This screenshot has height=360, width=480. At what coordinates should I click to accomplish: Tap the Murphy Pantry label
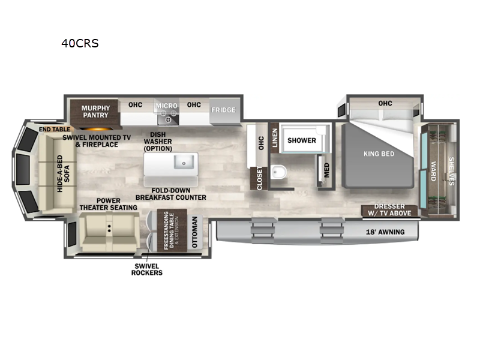click(x=95, y=112)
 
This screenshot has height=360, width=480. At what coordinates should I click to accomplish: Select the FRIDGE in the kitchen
click(x=223, y=110)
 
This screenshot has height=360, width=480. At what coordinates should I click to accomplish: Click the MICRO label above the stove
click(x=166, y=106)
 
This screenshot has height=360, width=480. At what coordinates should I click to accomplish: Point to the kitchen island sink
click(x=182, y=162)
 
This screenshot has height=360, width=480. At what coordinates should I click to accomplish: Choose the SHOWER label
click(x=301, y=140)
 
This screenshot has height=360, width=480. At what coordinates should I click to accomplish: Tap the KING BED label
click(x=379, y=154)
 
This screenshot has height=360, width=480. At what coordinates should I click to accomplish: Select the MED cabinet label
click(x=326, y=170)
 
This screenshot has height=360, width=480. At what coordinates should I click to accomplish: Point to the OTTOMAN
click(x=194, y=232)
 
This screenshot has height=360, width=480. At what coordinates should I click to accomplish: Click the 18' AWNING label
click(x=385, y=232)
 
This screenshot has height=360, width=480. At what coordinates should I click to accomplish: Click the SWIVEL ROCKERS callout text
click(x=146, y=269)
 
